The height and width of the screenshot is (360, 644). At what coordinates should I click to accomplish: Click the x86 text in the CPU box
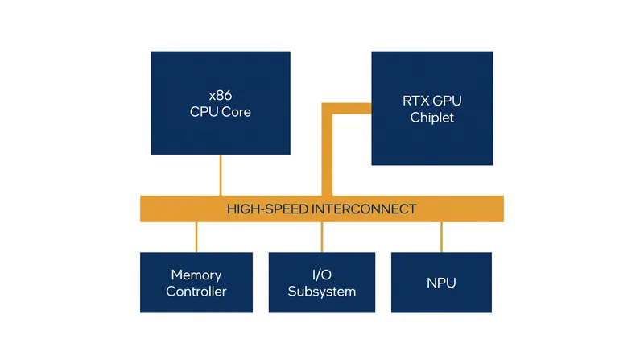click(x=221, y=95)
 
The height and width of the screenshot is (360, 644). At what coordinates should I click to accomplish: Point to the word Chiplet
click(x=432, y=118)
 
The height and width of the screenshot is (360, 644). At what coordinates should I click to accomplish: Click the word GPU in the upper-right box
click(x=447, y=101)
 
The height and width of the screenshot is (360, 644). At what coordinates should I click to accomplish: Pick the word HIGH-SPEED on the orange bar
click(x=267, y=209)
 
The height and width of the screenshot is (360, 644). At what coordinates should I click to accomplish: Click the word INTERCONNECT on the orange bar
click(x=365, y=209)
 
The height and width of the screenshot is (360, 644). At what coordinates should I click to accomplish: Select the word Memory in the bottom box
click(x=196, y=275)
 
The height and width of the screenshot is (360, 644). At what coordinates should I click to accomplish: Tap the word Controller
click(x=196, y=292)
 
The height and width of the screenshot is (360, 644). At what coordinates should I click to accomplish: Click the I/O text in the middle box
click(x=322, y=275)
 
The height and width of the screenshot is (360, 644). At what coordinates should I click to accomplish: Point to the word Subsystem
click(x=322, y=292)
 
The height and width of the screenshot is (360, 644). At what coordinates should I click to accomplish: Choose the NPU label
click(x=441, y=283)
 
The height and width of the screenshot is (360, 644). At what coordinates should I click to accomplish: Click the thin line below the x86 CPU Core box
click(x=221, y=175)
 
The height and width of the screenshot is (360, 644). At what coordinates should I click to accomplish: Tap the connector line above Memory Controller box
click(x=196, y=237)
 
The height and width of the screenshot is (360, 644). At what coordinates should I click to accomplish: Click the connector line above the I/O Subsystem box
click(x=322, y=237)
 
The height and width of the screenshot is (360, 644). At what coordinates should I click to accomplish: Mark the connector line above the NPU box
click(x=441, y=237)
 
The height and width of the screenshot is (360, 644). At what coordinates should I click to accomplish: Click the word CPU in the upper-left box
click(x=204, y=112)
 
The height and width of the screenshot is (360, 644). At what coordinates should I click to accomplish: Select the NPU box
click(x=441, y=283)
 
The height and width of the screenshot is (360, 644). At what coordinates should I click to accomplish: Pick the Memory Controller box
click(x=196, y=283)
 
